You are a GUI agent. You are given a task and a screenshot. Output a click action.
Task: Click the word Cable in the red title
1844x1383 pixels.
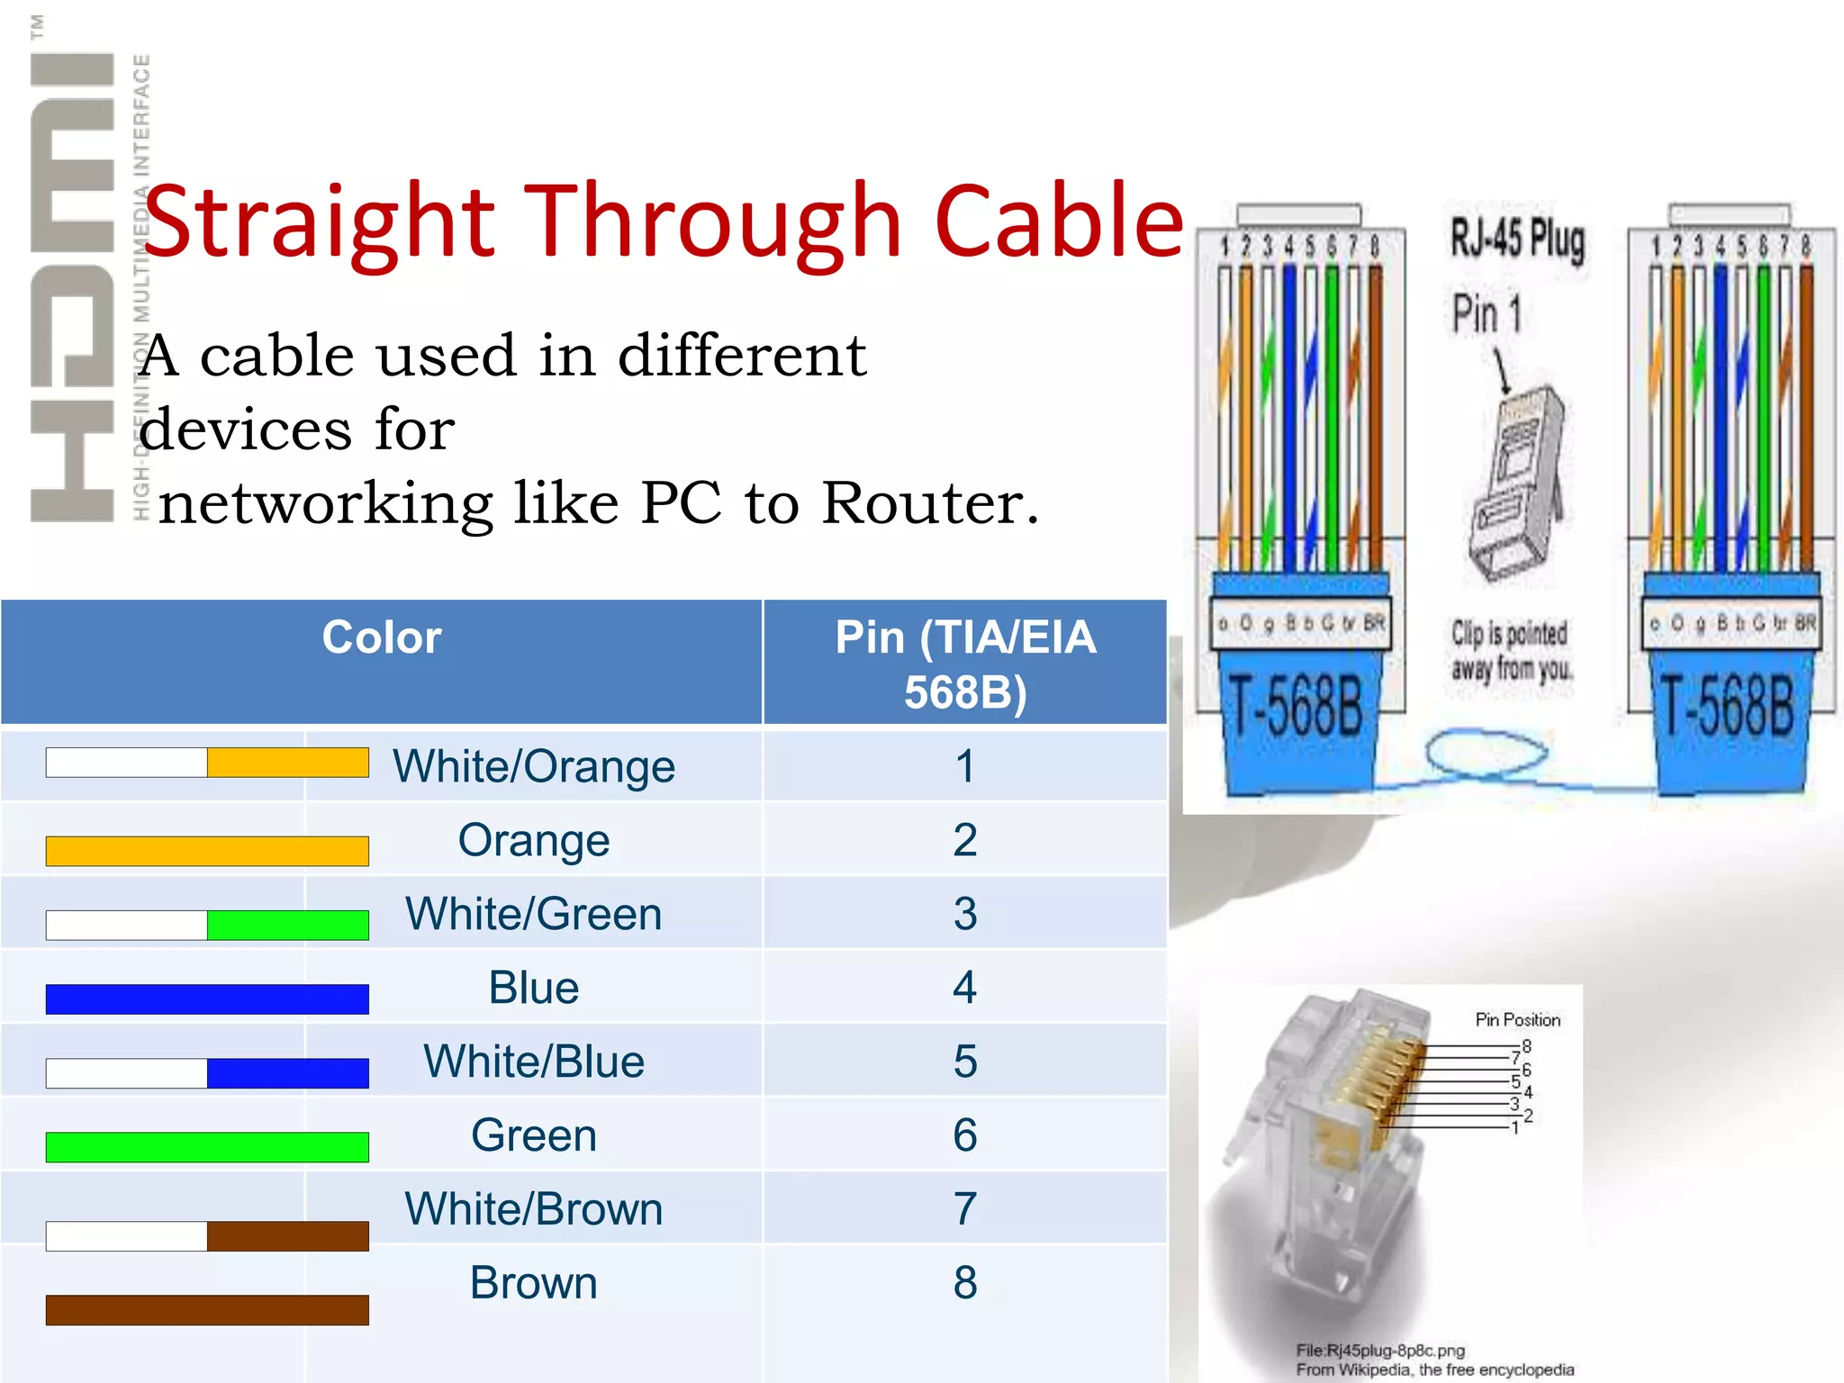(1059, 221)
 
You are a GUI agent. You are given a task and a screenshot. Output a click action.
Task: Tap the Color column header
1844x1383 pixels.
(382, 637)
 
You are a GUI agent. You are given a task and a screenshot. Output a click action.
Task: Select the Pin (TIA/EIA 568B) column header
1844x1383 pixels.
(965, 664)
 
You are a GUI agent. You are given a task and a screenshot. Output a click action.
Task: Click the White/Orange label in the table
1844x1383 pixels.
(534, 767)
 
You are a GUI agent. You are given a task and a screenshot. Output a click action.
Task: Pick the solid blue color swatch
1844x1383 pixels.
(207, 999)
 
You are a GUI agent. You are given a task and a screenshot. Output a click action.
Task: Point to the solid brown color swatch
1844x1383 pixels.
(207, 1310)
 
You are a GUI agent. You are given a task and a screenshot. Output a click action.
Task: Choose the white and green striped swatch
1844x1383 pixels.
(207, 925)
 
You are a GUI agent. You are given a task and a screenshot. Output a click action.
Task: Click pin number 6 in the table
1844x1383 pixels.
(965, 1135)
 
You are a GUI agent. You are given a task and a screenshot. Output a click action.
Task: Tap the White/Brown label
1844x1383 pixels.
(534, 1209)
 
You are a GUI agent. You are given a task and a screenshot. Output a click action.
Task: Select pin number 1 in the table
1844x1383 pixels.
(965, 767)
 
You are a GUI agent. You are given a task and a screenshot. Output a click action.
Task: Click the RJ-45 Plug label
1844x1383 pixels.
(1517, 240)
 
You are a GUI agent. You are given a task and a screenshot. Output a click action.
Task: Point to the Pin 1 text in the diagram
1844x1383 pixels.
(1487, 314)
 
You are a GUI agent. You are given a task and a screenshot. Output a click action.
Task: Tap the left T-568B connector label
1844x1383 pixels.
(1297, 707)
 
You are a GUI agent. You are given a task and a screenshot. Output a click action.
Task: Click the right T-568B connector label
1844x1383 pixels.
(1727, 707)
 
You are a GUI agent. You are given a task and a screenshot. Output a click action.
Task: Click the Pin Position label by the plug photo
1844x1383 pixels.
(1517, 1020)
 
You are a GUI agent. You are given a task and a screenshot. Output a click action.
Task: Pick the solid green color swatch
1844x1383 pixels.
(207, 1146)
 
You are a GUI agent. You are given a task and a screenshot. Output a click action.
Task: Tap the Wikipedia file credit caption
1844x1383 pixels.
(1434, 1360)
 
